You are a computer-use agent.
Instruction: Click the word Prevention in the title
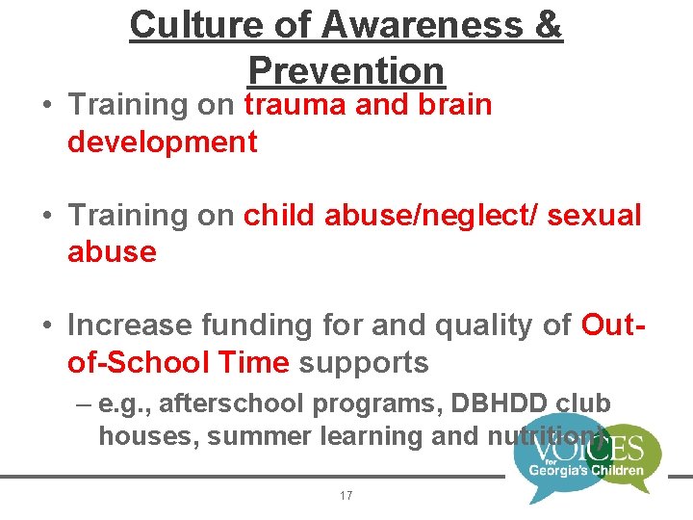coord(346,70)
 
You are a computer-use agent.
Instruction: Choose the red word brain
coord(454,105)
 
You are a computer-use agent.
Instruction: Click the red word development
coord(162,143)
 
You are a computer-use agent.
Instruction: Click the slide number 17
coord(346,495)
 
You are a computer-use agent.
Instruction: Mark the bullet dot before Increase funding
coord(48,326)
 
